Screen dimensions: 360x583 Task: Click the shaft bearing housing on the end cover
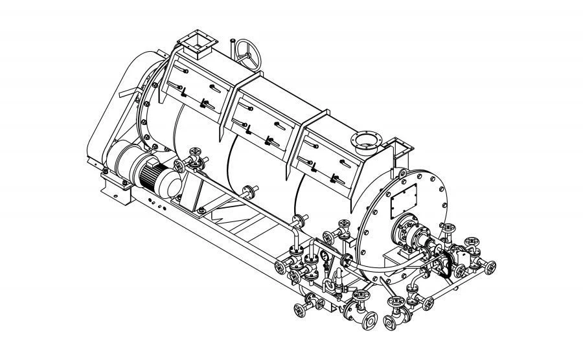[406, 231]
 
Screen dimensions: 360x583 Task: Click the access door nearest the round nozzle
[330, 159]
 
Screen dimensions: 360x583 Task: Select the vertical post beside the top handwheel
[231, 49]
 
